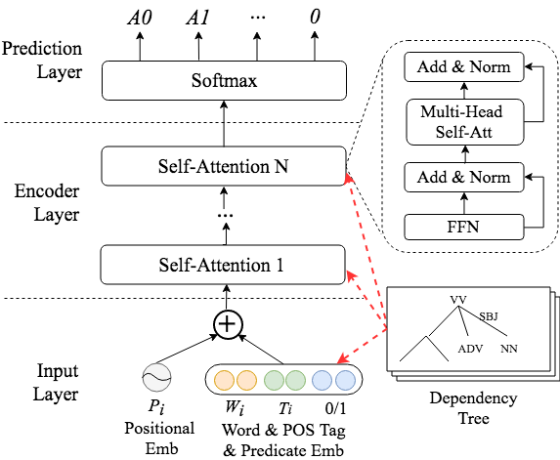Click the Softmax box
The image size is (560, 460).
tap(224, 80)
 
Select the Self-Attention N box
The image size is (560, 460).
tap(224, 166)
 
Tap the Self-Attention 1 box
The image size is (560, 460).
tap(224, 265)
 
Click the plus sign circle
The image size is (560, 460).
tap(228, 324)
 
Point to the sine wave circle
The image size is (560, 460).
tap(156, 378)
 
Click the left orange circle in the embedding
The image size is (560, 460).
tap(224, 379)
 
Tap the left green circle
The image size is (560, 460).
tap(274, 379)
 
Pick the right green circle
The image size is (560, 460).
tap(295, 379)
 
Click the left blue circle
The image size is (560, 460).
tap(323, 379)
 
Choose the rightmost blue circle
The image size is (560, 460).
tap(345, 379)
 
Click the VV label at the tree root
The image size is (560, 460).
tap(459, 299)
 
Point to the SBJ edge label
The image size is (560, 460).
tap(489, 316)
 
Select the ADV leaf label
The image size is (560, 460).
tap(470, 349)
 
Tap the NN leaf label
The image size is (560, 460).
tap(509, 349)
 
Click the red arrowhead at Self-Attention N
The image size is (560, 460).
tap(348, 179)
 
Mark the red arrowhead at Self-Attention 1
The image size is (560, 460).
tap(349, 277)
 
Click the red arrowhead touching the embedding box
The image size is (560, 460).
tap(336, 362)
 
